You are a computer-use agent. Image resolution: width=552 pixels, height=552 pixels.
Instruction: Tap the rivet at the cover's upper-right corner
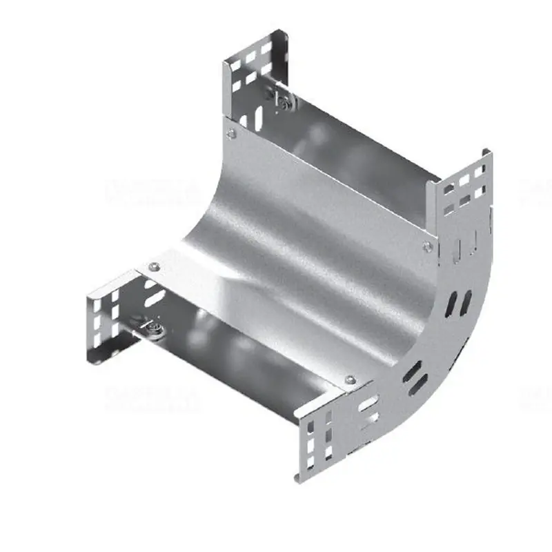click(428, 246)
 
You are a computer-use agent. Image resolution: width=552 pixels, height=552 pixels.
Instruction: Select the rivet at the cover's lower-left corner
click(154, 266)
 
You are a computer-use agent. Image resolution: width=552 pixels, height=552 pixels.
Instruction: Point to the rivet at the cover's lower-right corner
click(350, 379)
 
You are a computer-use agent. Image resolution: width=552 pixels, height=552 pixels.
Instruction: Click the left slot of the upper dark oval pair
click(453, 302)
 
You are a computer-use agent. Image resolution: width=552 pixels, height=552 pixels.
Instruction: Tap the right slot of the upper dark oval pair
click(467, 300)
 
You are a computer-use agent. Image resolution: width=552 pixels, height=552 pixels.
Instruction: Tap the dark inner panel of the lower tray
click(235, 352)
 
